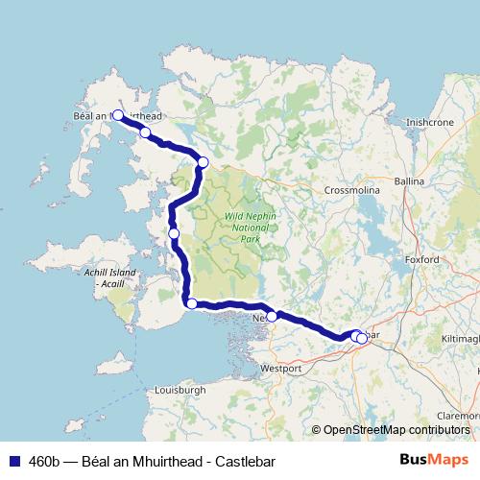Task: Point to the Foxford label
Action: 422,260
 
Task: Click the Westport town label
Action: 281,368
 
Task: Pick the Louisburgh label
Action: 180,391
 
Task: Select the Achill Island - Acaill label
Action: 110,278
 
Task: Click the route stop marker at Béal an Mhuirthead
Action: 118,115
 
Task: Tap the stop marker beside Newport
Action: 272,316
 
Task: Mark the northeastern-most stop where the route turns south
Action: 203,161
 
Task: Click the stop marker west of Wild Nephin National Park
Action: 174,233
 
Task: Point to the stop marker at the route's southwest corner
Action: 191,304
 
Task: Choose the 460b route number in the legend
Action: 42,460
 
